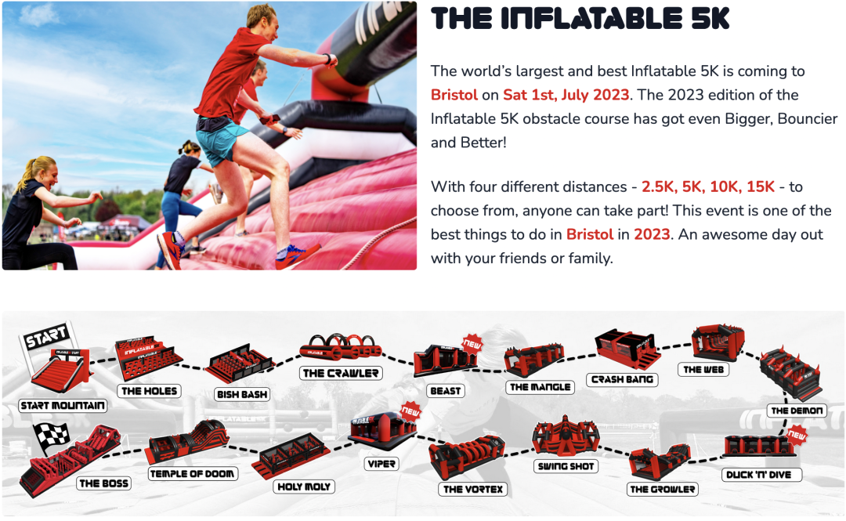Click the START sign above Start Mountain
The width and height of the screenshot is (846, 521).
coord(45,338)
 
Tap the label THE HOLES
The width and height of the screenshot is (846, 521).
coord(150,390)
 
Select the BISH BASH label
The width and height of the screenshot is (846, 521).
coord(242,395)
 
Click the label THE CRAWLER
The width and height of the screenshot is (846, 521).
coord(341,373)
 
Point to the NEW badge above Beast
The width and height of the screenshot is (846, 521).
coord(472,343)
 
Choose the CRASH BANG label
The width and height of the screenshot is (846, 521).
coord(623,380)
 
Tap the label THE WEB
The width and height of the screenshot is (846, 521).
coord(704,369)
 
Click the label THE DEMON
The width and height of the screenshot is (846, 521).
coord(797,411)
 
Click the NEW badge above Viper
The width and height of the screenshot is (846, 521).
coord(410,410)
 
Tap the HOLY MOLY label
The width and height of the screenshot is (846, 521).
coord(305,487)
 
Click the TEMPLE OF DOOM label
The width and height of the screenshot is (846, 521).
coord(192,473)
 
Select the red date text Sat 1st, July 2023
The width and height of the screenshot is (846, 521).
coord(566,95)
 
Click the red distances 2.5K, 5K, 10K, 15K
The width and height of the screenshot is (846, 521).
coord(707,186)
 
